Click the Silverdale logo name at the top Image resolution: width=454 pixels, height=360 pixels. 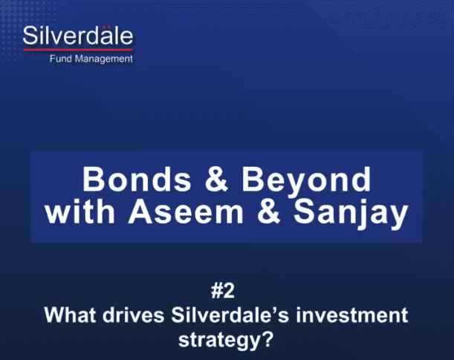pyautogui.click(x=78, y=36)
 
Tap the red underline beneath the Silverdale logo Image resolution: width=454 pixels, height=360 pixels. pyautogui.click(x=78, y=50)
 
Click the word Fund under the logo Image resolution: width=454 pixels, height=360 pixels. pyautogui.click(x=60, y=59)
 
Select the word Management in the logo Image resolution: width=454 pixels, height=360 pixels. pyautogui.click(x=104, y=59)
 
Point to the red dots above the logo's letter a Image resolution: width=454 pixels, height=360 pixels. pyautogui.click(x=107, y=27)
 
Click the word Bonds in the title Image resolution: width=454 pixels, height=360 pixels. pyautogui.click(x=137, y=180)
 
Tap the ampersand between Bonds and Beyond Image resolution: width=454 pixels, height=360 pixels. pyautogui.click(x=216, y=180)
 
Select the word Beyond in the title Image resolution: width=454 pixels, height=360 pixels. pyautogui.click(x=306, y=182)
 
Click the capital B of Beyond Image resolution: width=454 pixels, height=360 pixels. pyautogui.click(x=252, y=179)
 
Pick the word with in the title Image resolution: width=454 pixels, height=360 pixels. pyautogui.click(x=80, y=212)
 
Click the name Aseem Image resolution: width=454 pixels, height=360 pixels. pyautogui.click(x=186, y=212)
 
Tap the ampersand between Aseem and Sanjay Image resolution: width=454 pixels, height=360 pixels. pyautogui.click(x=269, y=212)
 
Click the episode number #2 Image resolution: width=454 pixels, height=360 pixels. pyautogui.click(x=223, y=291)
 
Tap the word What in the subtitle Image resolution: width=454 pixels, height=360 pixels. pyautogui.click(x=71, y=315)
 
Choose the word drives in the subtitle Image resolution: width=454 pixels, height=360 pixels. pyautogui.click(x=134, y=315)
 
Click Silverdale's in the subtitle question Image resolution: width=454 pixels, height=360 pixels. pyautogui.click(x=230, y=315)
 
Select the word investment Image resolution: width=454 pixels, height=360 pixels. pyautogui.click(x=352, y=315)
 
